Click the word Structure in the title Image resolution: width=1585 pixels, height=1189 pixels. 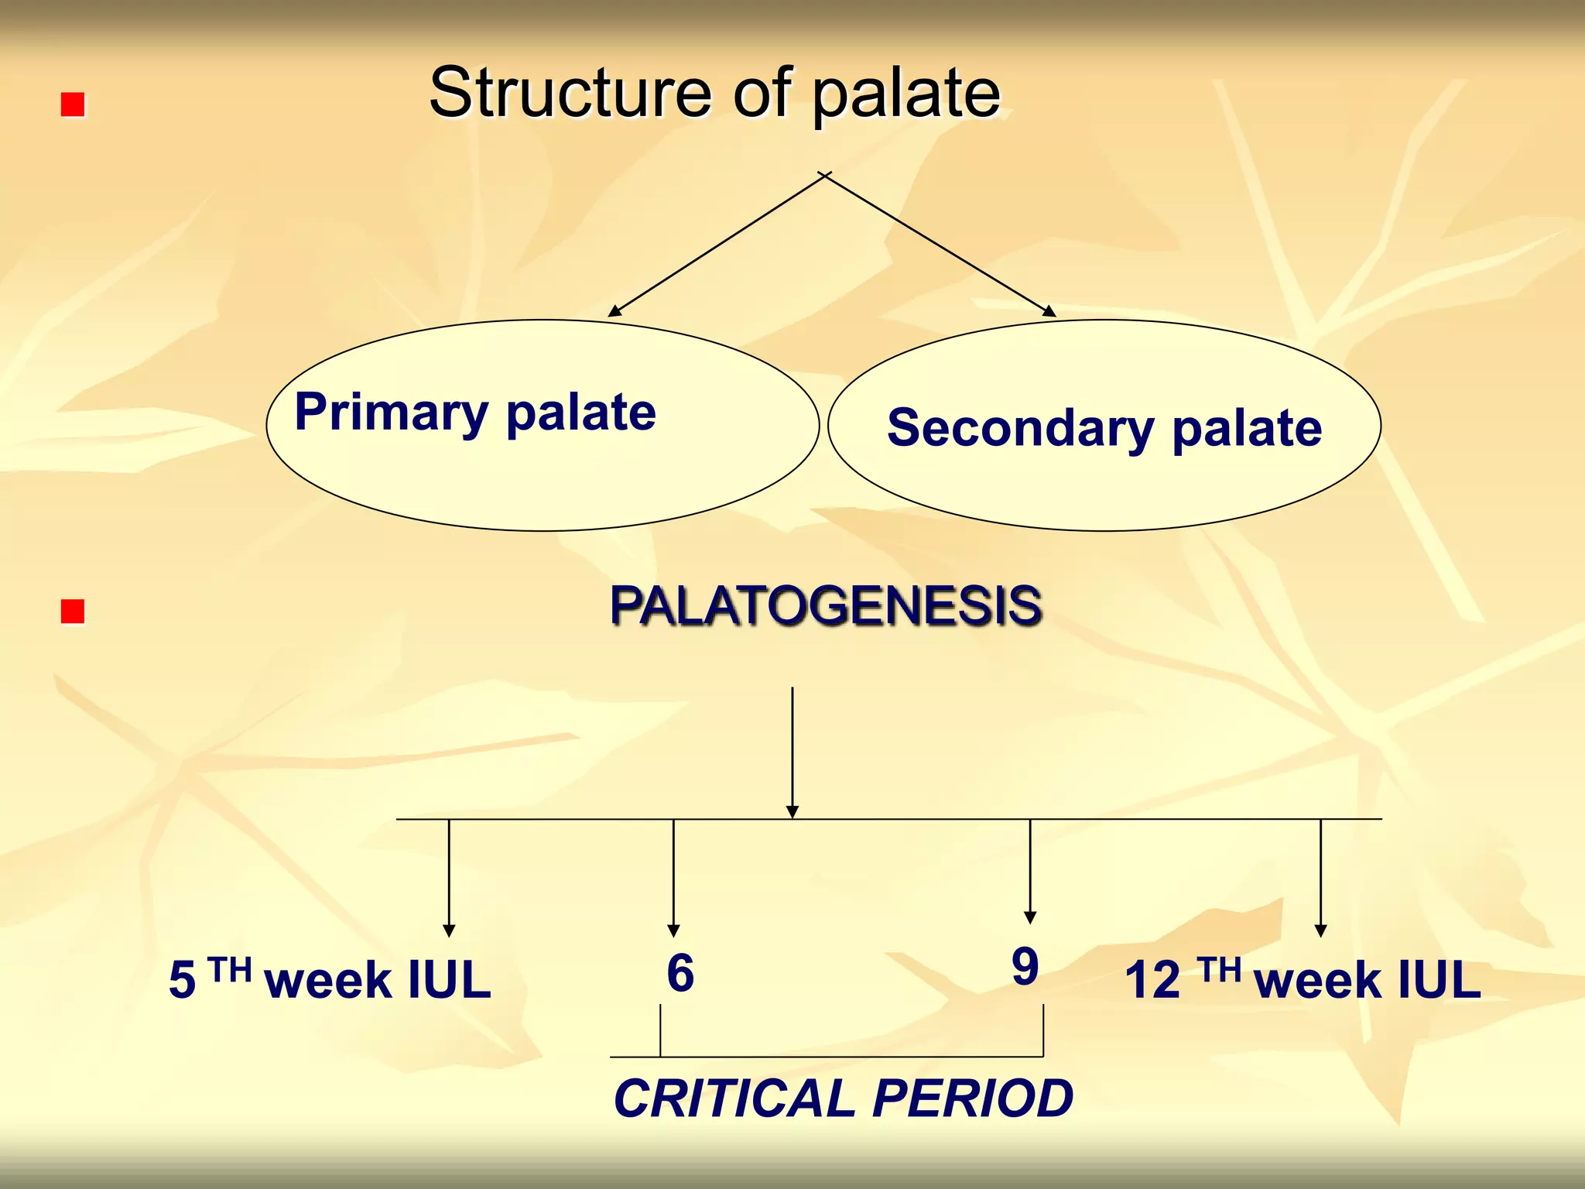click(x=570, y=93)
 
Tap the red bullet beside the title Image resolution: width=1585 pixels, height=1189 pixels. click(x=73, y=105)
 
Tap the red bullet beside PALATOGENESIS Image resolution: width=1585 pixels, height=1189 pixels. click(x=73, y=612)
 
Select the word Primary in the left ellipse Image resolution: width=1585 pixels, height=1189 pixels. click(x=391, y=413)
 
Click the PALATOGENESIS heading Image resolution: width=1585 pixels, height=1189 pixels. click(x=825, y=605)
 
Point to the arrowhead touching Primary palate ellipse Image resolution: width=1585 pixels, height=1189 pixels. click(x=614, y=310)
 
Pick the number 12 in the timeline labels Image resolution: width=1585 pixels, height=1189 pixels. click(x=1152, y=980)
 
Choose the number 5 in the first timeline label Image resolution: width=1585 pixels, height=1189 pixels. click(x=182, y=980)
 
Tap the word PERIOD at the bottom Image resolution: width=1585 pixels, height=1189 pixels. click(x=973, y=1098)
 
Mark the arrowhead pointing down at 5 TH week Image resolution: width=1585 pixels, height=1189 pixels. click(x=449, y=930)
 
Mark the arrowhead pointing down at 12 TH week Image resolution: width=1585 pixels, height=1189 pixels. click(x=1321, y=930)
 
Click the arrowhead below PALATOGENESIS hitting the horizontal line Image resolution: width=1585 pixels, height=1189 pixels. click(x=792, y=811)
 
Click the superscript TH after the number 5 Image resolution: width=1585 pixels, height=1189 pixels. click(x=230, y=969)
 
